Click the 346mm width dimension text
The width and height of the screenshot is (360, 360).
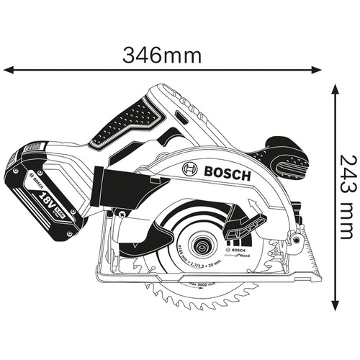tap(161, 55)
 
